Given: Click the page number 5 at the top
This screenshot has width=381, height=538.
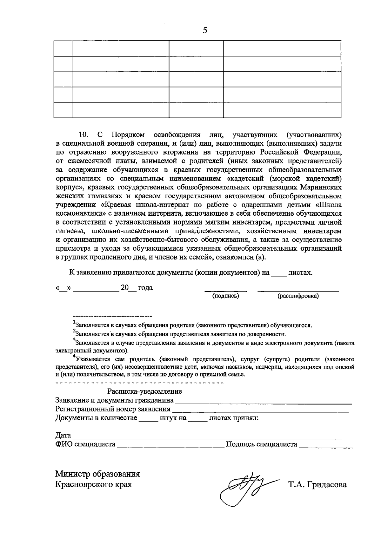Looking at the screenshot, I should click(205, 30).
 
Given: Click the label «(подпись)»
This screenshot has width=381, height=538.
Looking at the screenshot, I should click(225, 296).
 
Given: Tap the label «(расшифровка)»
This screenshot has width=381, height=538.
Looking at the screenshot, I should click(298, 296).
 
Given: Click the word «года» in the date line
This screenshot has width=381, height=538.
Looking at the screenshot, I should click(145, 288).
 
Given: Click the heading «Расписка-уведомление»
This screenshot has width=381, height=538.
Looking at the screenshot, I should click(144, 391).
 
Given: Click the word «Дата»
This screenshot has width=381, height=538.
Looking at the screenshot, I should click(63, 435).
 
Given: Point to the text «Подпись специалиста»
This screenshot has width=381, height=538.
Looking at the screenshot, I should click(261, 444).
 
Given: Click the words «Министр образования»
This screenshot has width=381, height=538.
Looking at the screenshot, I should click(97, 474).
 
